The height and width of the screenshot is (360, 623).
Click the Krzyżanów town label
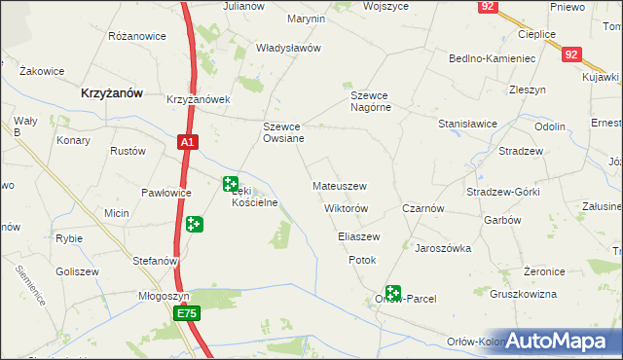click(x=111, y=92)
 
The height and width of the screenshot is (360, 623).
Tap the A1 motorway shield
click(x=188, y=142)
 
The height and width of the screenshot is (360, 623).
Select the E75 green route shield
click(x=188, y=313)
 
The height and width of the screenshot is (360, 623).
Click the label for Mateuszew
click(x=339, y=185)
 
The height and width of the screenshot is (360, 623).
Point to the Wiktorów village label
click(x=345, y=209)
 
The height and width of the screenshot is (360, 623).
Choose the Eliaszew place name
click(x=358, y=236)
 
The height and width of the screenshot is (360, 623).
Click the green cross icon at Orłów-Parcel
click(x=393, y=292)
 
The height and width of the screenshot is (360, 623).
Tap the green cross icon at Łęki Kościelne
click(x=231, y=183)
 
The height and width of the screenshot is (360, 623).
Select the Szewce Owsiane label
click(x=284, y=132)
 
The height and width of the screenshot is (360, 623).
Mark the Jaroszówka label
click(x=443, y=248)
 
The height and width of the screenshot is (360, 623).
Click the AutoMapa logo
click(x=565, y=340)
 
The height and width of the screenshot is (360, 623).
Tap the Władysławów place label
click(x=288, y=48)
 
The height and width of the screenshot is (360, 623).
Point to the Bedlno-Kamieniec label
click(x=494, y=58)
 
